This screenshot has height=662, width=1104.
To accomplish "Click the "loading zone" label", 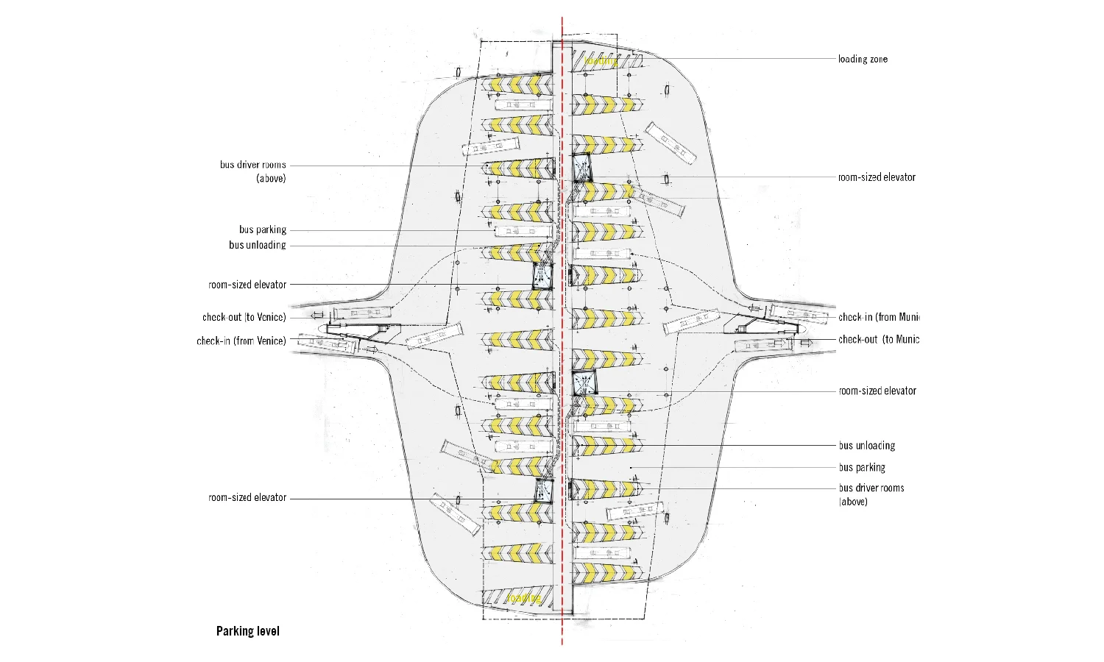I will pyautogui.click(x=863, y=59).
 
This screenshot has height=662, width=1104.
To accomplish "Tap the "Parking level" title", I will pyautogui.click(x=247, y=631).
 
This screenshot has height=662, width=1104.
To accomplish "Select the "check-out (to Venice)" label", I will pyautogui.click(x=244, y=317).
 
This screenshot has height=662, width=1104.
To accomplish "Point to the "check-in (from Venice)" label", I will pyautogui.click(x=241, y=341).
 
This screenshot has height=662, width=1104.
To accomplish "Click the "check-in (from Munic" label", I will pyautogui.click(x=879, y=317).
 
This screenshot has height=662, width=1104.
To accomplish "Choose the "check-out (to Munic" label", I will pyautogui.click(x=879, y=339).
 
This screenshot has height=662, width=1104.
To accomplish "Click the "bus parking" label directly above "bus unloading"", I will pyautogui.click(x=262, y=229).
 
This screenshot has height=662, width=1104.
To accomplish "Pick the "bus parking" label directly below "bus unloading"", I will pyautogui.click(x=862, y=467).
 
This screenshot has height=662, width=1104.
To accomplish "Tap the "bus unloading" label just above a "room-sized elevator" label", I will pyautogui.click(x=257, y=245).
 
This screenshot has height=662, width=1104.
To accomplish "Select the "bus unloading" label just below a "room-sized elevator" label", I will pyautogui.click(x=867, y=445).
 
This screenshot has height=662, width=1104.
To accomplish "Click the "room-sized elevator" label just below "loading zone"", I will pyautogui.click(x=877, y=177).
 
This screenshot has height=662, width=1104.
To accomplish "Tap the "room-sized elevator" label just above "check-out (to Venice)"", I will pyautogui.click(x=247, y=285).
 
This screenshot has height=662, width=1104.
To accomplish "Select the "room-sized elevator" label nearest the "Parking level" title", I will pyautogui.click(x=247, y=498).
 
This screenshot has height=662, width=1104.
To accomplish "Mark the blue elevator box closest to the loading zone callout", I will pyautogui.click(x=583, y=167).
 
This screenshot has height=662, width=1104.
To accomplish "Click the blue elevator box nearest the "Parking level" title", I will pyautogui.click(x=544, y=490).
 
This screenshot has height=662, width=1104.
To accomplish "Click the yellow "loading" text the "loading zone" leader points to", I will pyautogui.click(x=602, y=61).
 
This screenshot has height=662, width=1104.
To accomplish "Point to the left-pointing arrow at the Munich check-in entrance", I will pyautogui.click(x=754, y=309).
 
